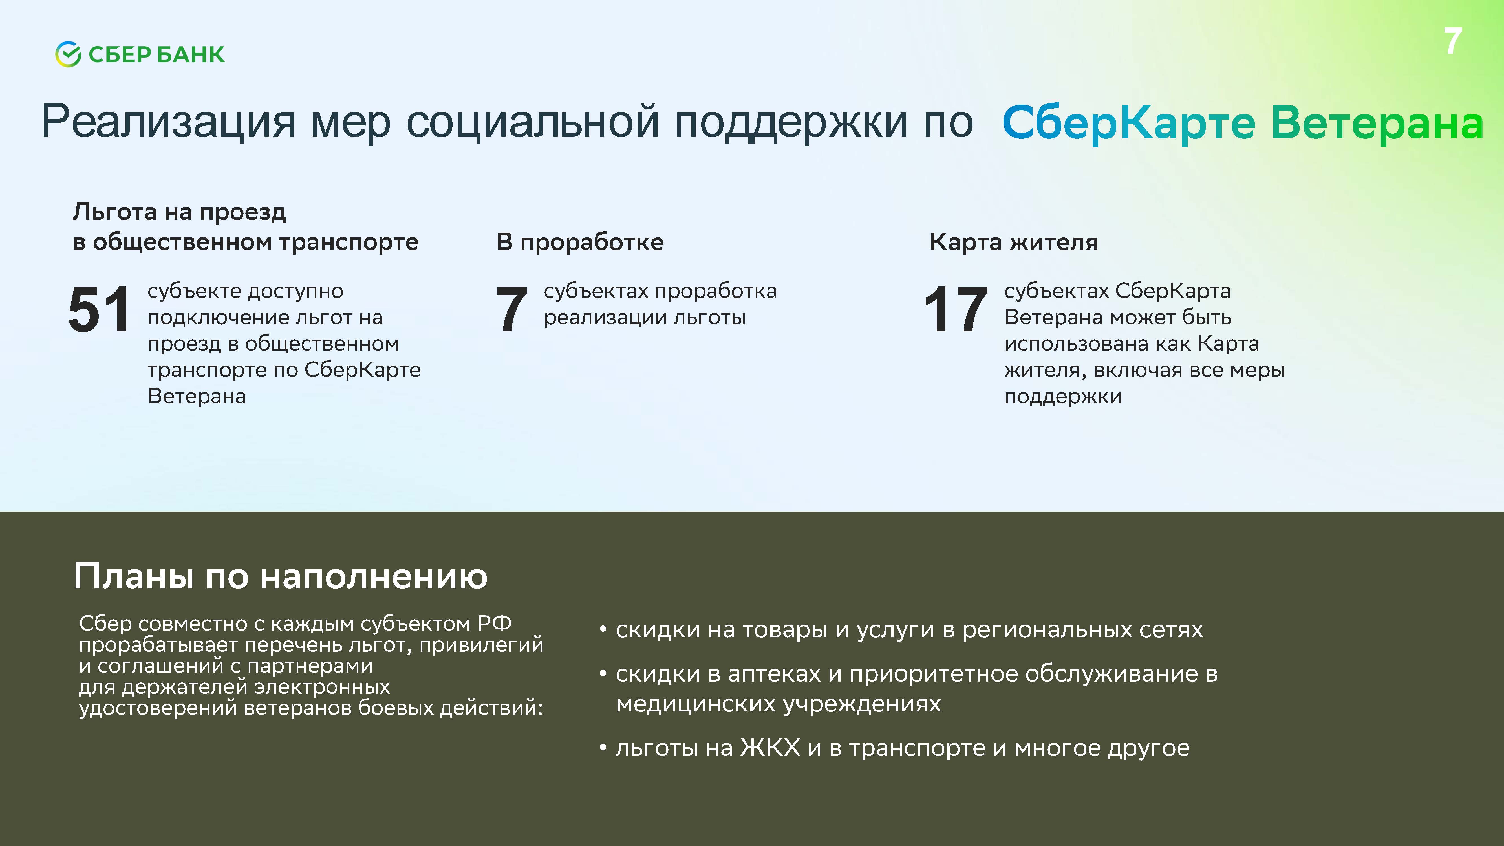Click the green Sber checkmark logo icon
[x=68, y=54]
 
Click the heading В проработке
[x=580, y=242]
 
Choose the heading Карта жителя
[x=1014, y=242]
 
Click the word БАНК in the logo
[x=190, y=54]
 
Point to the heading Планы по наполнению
[x=280, y=577]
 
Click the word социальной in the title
[x=532, y=122]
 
